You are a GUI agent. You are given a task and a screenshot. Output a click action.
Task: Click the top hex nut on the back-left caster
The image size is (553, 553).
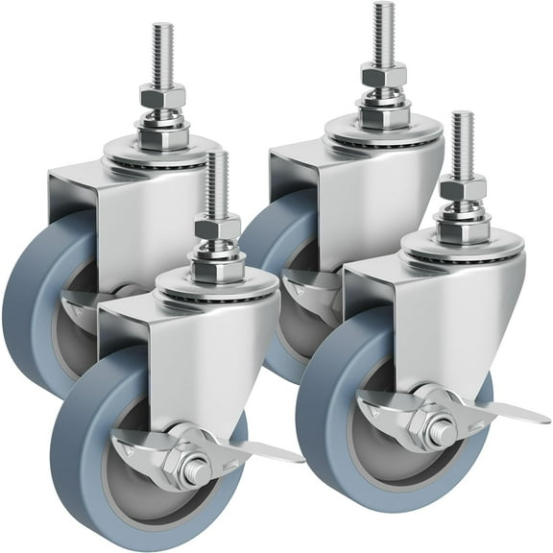point(162,96)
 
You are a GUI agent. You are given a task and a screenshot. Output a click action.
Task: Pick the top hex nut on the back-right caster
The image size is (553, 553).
point(383,74)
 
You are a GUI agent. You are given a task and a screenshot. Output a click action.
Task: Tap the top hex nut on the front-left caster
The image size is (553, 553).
point(218,228)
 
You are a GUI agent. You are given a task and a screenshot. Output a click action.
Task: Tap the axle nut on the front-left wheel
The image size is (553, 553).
point(197,470)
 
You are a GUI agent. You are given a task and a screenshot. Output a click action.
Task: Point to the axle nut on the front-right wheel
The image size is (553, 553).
point(441,432)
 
